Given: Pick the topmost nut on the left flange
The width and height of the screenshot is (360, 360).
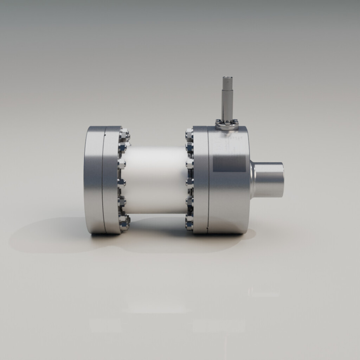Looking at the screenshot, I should (x=124, y=135).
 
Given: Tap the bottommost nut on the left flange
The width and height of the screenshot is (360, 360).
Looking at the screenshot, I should (x=124, y=221).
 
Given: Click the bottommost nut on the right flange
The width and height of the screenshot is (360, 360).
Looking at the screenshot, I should (x=189, y=222).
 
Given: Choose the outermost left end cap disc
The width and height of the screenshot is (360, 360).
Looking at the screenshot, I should (x=93, y=179).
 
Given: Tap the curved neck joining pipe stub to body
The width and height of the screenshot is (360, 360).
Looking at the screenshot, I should (x=252, y=179).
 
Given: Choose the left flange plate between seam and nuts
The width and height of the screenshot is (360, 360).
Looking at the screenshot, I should (x=112, y=179).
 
